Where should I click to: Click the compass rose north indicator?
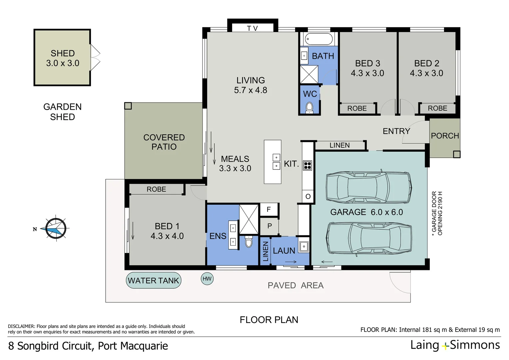55,229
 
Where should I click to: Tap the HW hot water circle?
207,279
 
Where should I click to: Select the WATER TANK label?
154,281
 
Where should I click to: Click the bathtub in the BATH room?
319,39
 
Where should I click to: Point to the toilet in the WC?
309,107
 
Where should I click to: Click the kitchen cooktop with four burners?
307,165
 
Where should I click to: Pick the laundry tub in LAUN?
303,247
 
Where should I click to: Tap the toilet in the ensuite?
249,242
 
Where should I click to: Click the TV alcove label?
253,28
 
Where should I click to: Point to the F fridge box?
269,210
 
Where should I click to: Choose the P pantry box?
269,226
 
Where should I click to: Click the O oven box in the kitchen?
308,196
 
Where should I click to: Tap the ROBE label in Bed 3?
357,108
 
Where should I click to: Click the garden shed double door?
95,58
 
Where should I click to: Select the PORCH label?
445,136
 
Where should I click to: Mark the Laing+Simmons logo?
455,345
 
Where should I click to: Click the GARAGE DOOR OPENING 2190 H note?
437,213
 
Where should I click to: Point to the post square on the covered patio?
128,106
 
